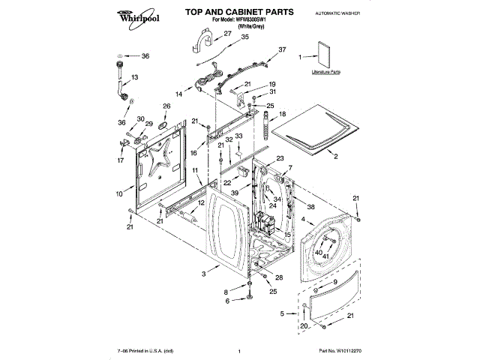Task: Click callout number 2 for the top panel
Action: (335, 156)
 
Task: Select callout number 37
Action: (282, 49)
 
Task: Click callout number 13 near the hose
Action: (136, 78)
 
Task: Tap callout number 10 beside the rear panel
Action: (118, 194)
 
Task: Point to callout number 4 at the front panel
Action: (301, 220)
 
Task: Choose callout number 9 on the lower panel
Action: (335, 280)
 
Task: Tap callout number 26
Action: (166, 106)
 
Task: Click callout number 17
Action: (121, 160)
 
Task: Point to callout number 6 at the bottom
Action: (228, 301)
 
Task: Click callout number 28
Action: (279, 277)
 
